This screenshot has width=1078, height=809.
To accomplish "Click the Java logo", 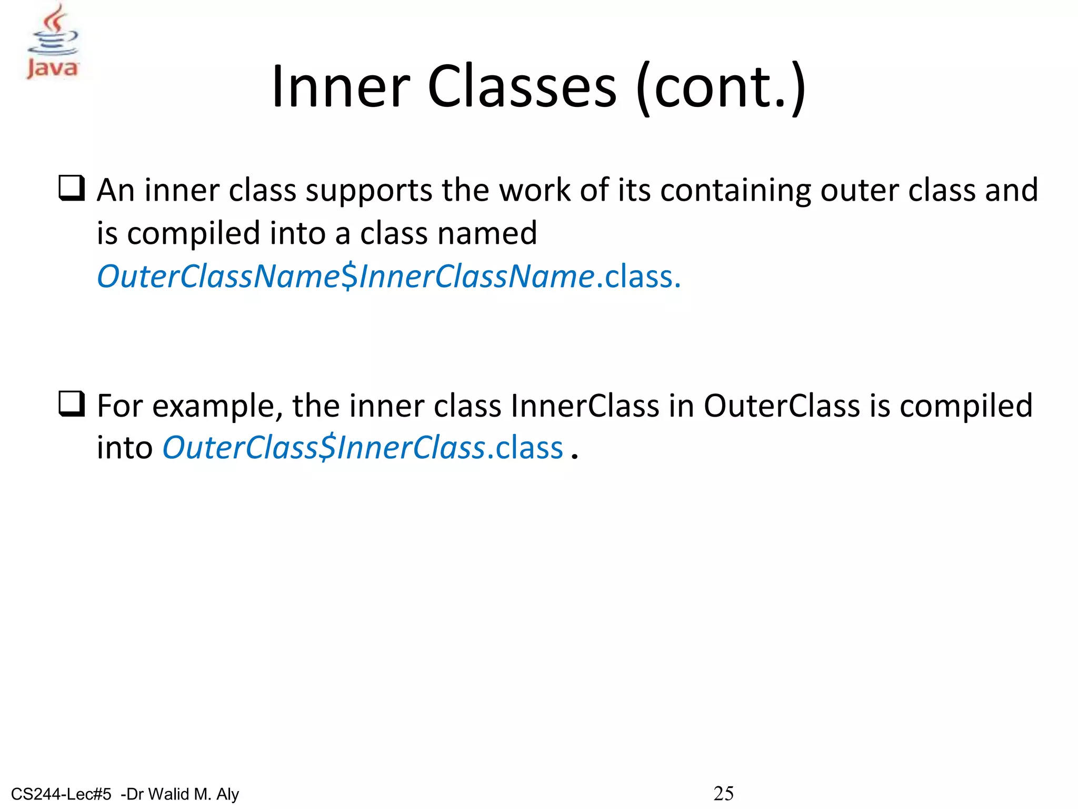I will click(x=53, y=42).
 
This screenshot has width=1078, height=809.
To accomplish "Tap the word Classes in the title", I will click(x=521, y=87).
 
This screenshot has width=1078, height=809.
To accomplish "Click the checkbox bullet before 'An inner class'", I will click(x=71, y=189).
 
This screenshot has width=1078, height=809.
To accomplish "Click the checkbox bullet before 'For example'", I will click(x=71, y=404).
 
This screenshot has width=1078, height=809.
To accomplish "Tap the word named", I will click(x=492, y=233).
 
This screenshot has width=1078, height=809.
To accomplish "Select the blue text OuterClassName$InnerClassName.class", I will click(x=388, y=277).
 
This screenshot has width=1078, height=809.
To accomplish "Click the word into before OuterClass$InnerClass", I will click(x=125, y=448).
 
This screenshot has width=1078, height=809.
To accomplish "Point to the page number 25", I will click(x=723, y=793).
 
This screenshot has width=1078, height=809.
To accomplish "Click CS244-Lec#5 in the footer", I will click(x=61, y=794).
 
